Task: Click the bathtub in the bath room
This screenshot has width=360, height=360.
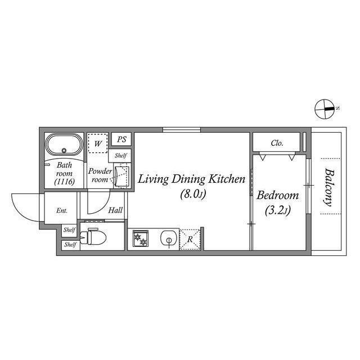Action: tap(64, 145)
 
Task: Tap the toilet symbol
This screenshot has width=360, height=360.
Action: tap(93, 236)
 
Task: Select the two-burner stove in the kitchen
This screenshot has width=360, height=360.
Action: tap(140, 238)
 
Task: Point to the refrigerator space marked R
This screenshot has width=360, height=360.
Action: tap(190, 239)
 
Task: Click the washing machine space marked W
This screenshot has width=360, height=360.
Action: tap(98, 143)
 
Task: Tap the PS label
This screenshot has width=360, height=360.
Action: tap(121, 139)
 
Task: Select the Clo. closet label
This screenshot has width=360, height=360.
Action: tap(277, 143)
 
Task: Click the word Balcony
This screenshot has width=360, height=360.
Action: tap(329, 187)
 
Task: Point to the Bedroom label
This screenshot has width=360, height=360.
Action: tap(277, 195)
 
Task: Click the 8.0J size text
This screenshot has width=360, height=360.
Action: tap(193, 194)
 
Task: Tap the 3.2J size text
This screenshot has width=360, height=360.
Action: tap(278, 210)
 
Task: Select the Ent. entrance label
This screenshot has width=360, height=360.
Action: tap(62, 210)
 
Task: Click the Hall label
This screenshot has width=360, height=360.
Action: tap(115, 210)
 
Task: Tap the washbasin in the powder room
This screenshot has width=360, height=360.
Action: tap(122, 176)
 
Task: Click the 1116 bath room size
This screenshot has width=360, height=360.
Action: tap(65, 182)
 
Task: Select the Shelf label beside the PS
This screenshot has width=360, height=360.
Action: tap(121, 156)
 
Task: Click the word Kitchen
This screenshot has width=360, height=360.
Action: tap(227, 179)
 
